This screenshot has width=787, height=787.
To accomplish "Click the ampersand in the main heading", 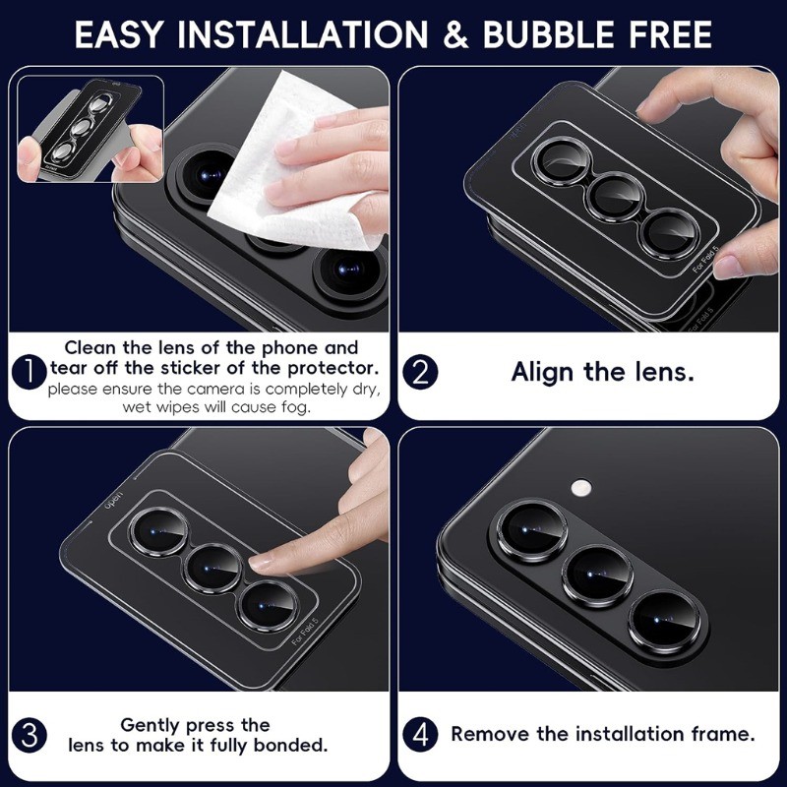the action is click(455, 35).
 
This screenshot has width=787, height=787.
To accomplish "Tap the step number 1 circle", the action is click(29, 373).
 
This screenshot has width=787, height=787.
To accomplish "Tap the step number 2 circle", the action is click(421, 373).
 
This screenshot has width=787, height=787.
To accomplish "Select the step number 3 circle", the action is click(30, 735).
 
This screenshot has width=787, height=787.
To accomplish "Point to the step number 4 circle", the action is click(421, 735).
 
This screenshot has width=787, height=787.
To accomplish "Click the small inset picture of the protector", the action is click(91, 129).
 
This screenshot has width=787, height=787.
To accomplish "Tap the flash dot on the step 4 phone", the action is click(580, 486).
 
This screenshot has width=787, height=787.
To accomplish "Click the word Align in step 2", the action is click(543, 373).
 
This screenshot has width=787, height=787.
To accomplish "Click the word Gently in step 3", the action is click(150, 725).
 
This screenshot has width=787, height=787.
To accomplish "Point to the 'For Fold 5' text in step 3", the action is click(305, 631).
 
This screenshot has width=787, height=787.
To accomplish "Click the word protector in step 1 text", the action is click(333, 368).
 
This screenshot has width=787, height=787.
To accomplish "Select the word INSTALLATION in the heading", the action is click(303, 35).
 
